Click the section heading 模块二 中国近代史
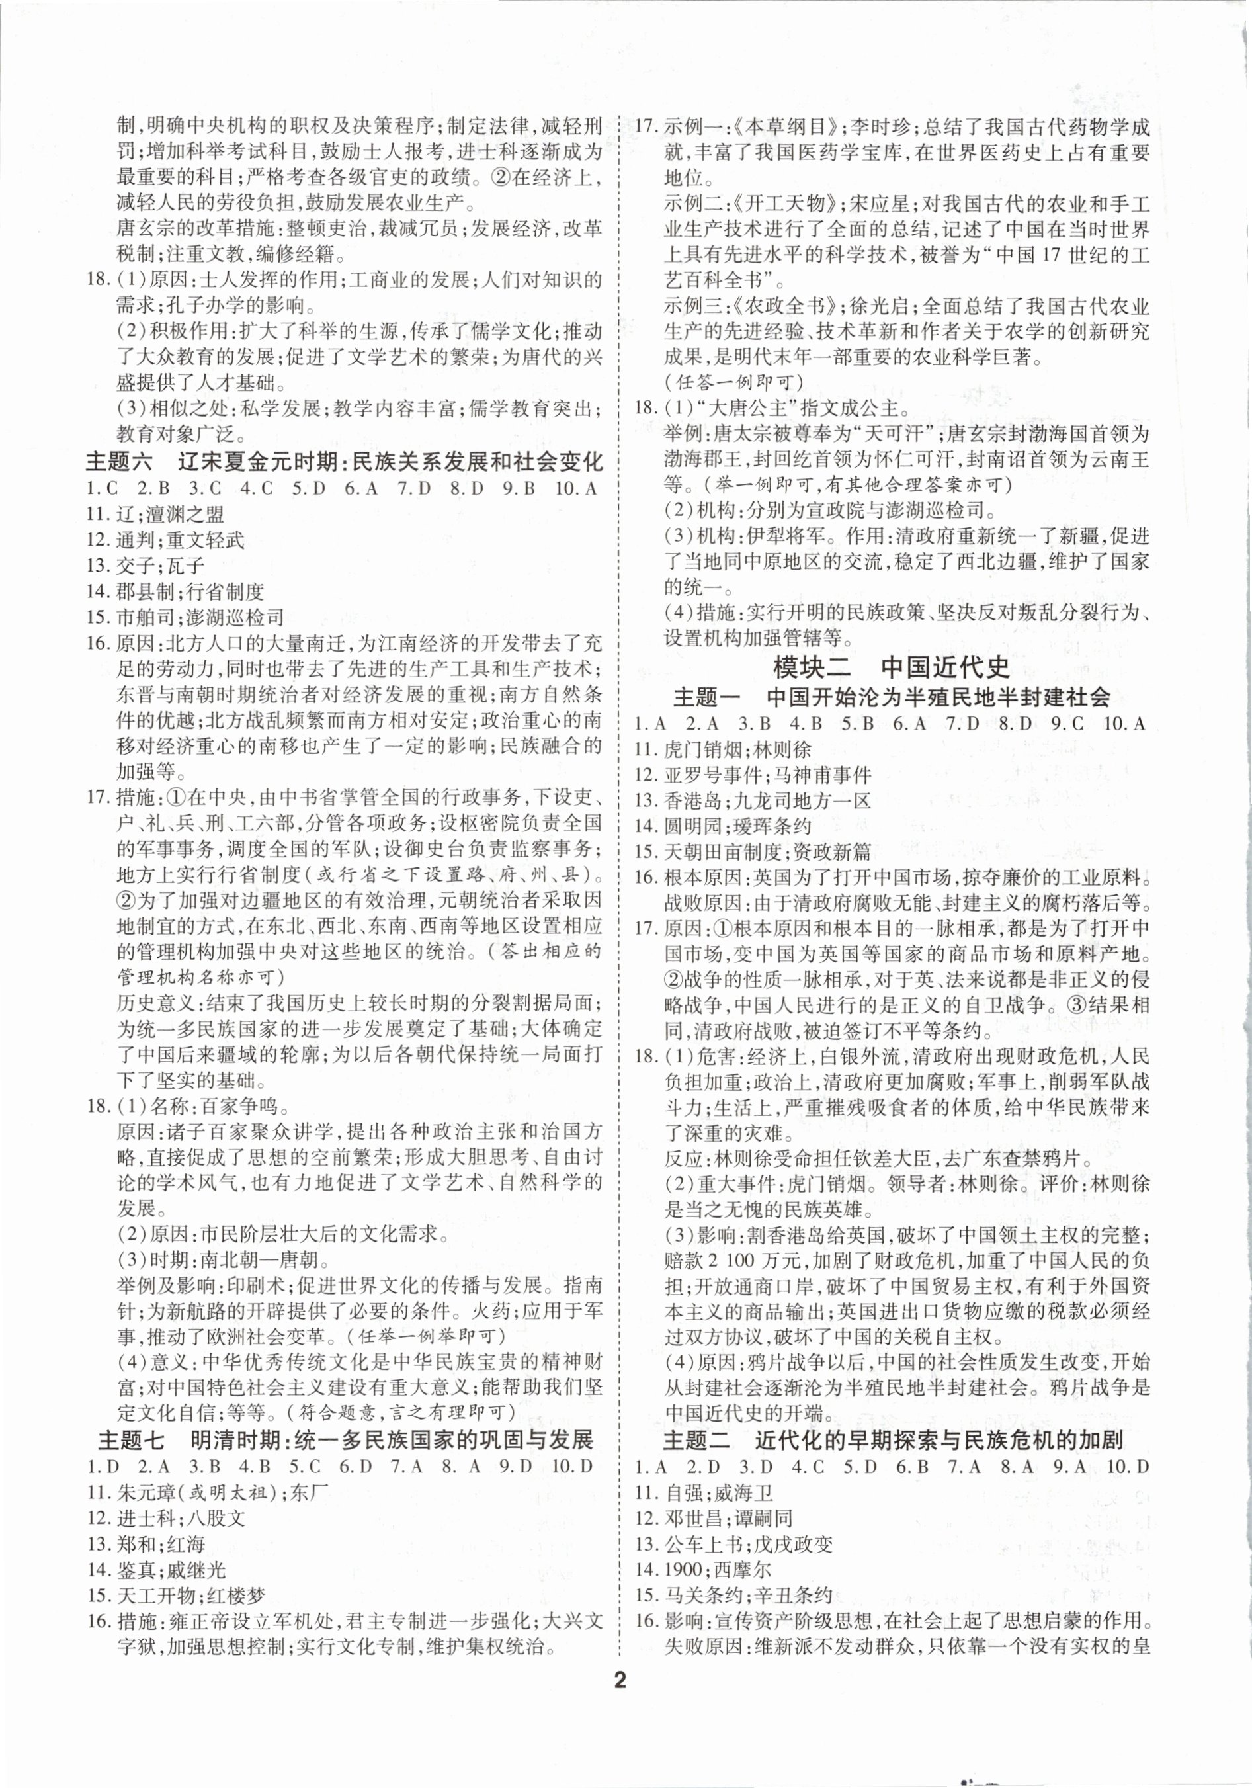pos(892,667)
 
